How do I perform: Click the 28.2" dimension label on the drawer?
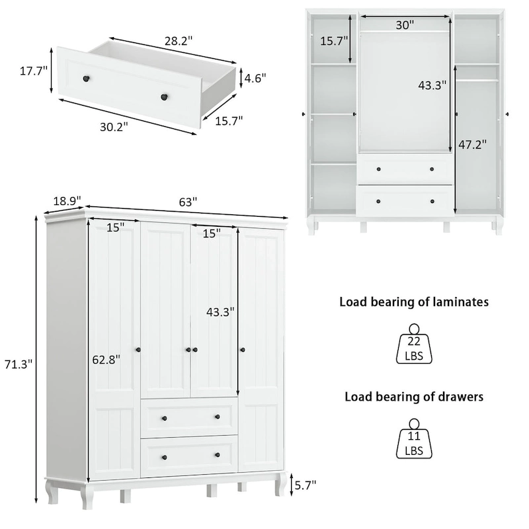point(179,40)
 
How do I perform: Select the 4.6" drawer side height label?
point(255,78)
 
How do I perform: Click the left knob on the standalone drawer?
point(85,79)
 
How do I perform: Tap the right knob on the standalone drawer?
point(161,97)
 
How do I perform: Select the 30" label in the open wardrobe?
point(405,25)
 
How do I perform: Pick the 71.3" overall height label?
point(17,364)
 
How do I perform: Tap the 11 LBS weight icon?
point(414,440)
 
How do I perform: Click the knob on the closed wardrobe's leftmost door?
point(139,348)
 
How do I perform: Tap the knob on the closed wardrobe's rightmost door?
point(241,348)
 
